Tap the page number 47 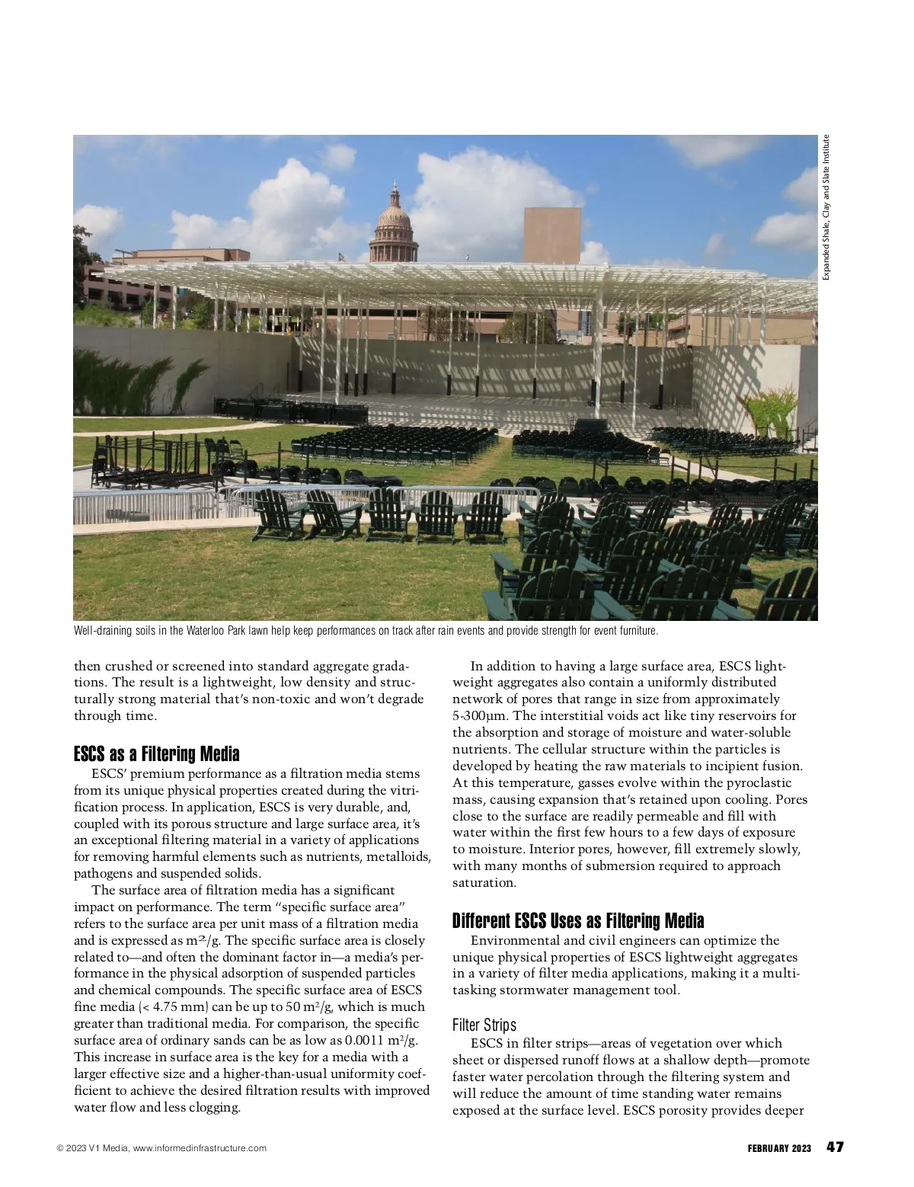point(835,1147)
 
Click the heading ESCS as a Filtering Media point(156,754)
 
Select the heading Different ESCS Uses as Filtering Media point(578,920)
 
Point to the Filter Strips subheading point(484,1025)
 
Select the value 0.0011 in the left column point(369,1041)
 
